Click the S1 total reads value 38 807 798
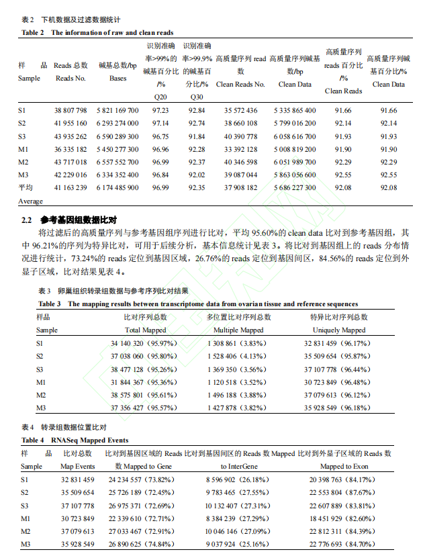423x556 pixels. (x=70, y=110)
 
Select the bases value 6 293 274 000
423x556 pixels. (x=117, y=123)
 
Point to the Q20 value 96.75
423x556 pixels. (x=160, y=136)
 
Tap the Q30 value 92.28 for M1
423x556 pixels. (x=196, y=148)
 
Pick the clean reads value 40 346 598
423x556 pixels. (x=240, y=162)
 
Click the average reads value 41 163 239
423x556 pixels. (x=70, y=187)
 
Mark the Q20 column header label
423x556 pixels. (x=161, y=97)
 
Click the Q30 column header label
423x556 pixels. (x=196, y=97)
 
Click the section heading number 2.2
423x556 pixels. (x=27, y=220)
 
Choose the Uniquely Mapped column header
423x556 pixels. (x=339, y=330)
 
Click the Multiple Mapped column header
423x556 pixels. (x=238, y=330)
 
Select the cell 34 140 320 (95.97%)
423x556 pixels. (x=145, y=343)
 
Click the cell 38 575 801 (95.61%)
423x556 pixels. (x=145, y=395)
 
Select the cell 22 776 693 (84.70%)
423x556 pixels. (x=341, y=544)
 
